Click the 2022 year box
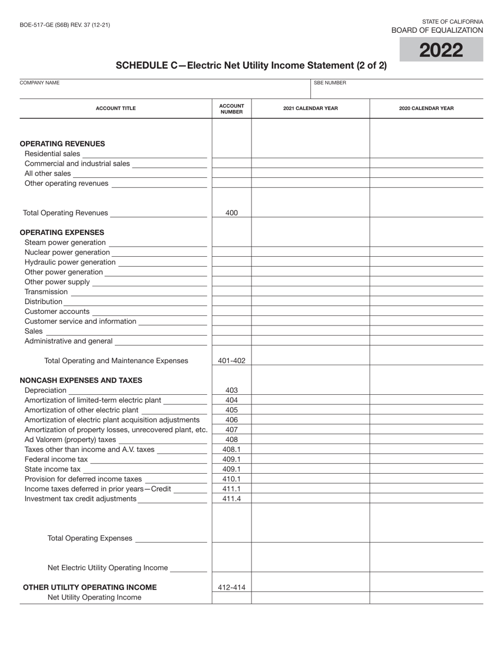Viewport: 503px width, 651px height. coord(441,50)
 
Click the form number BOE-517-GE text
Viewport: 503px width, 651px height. coord(65,25)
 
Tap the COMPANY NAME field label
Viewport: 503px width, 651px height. coord(40,83)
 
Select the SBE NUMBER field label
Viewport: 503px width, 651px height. coord(330,83)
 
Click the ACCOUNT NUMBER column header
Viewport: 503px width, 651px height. coord(231,108)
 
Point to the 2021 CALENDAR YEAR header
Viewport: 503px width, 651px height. coord(310,108)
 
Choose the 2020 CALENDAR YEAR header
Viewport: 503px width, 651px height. coord(426,108)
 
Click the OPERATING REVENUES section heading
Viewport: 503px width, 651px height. coord(62,143)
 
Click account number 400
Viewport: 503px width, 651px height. coord(231,213)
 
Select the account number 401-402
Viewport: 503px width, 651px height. coord(231,360)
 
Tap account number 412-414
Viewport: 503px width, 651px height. coord(231,587)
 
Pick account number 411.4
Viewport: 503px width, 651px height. coord(231,499)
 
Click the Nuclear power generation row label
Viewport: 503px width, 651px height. coord(67,252)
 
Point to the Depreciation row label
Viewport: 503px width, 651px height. coord(46,390)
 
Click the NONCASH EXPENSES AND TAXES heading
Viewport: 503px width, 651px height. coord(81,380)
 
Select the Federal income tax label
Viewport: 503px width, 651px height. coord(56,459)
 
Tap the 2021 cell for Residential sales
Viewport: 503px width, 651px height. coord(310,153)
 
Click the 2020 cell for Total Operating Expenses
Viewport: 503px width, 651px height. coord(426,537)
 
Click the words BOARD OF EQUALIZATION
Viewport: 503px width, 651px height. coord(437,31)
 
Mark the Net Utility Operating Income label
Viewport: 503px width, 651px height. coord(94,597)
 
